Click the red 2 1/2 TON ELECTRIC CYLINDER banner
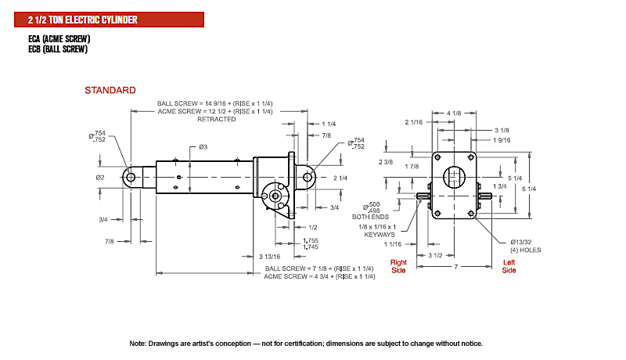(x=109, y=20)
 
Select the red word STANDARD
(x=110, y=90)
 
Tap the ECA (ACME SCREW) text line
(x=59, y=38)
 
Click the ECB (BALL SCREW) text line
(x=58, y=49)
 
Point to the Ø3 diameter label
(x=203, y=147)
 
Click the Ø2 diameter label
(x=100, y=177)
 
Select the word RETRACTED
(x=217, y=119)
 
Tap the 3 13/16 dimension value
(x=270, y=257)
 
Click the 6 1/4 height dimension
(x=529, y=189)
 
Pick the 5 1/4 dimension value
(x=515, y=178)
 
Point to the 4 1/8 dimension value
(x=454, y=113)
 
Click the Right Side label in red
(x=398, y=266)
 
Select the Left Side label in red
(x=509, y=266)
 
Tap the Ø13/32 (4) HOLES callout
(x=525, y=246)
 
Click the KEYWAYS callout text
(x=380, y=235)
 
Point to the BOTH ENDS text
(x=370, y=217)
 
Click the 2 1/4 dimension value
(x=340, y=178)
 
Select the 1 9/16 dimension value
(x=502, y=140)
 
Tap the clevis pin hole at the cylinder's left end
(x=131, y=177)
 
